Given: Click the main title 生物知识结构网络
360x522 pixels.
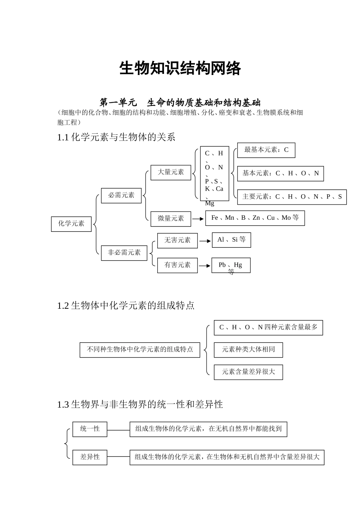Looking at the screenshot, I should point(180,69).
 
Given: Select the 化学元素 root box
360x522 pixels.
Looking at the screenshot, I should point(71,223).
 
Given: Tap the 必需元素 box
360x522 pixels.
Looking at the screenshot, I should point(121,195).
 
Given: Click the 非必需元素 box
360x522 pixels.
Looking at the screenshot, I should point(124,253).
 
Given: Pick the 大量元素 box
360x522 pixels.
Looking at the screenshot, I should point(171,172).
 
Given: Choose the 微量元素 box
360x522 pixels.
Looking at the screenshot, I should point(171,219).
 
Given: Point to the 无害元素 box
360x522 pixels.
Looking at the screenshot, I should point(177,241).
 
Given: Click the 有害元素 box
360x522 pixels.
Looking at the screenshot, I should point(177,265).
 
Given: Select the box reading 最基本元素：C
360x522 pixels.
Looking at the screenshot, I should point(266,150).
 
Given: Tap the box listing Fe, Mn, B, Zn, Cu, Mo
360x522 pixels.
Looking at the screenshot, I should point(255,218).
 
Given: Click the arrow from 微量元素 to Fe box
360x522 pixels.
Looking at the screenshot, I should point(198,219).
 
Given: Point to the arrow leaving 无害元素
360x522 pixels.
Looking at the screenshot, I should point(205,241).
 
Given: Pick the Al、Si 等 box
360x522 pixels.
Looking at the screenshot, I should point(231,240).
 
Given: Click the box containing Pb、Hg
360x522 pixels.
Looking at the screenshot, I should point(231,265).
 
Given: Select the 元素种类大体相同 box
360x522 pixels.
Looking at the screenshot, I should point(248,350).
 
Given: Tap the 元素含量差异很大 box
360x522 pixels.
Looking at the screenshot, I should point(248,372).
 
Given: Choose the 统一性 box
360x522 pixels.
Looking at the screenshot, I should point(90,429).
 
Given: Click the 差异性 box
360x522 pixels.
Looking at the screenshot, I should point(90,457).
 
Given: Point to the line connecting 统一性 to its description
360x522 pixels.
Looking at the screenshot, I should point(118,430).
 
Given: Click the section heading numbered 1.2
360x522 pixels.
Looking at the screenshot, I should point(126,306).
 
